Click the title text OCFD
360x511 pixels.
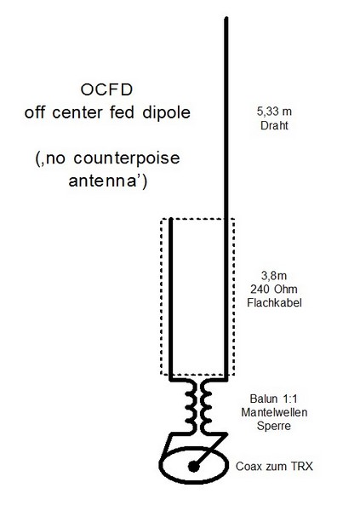106,90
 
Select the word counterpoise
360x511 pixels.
127,158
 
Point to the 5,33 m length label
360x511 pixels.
274,112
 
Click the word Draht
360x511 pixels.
274,125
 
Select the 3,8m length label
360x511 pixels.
274,276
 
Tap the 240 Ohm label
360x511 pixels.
274,289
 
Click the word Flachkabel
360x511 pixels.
274,302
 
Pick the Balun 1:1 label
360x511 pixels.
274,399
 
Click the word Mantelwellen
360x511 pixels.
274,412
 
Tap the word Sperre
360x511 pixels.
274,426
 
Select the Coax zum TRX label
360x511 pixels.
274,467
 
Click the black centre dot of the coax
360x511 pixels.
194,467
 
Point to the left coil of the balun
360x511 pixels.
190,407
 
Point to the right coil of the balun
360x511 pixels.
206,407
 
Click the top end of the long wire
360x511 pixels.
226,18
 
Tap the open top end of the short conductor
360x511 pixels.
170,220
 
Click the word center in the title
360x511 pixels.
77,112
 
